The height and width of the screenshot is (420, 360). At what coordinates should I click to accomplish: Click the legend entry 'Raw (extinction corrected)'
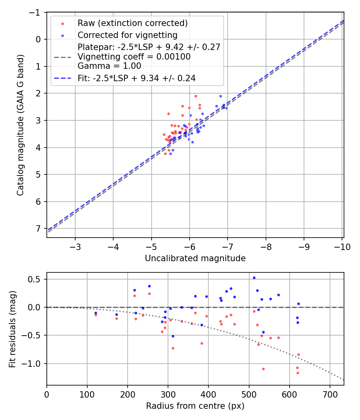[x=132, y=23]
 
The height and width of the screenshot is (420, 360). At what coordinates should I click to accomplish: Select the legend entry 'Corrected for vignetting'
[x=128, y=35]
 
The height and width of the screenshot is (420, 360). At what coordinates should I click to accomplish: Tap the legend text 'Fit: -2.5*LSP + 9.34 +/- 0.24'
[x=136, y=78]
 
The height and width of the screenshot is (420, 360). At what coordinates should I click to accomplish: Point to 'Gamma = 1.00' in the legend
[x=109, y=66]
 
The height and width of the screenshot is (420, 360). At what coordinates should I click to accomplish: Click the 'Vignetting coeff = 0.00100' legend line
[x=134, y=56]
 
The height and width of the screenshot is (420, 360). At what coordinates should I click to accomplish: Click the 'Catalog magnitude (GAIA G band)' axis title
[x=21, y=125]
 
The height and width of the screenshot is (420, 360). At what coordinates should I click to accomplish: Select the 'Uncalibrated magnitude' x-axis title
[x=195, y=258]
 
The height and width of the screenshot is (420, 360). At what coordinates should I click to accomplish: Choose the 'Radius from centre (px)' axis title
[x=195, y=406]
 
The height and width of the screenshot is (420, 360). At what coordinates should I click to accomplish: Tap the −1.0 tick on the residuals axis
[x=34, y=364]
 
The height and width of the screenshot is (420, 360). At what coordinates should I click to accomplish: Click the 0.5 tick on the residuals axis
[x=36, y=279]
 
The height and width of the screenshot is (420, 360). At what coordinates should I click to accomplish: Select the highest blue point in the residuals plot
[x=254, y=278]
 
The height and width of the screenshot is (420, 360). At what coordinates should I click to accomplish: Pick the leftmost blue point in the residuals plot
[x=96, y=313]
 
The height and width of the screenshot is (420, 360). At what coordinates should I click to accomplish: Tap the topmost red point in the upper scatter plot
[x=196, y=96]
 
